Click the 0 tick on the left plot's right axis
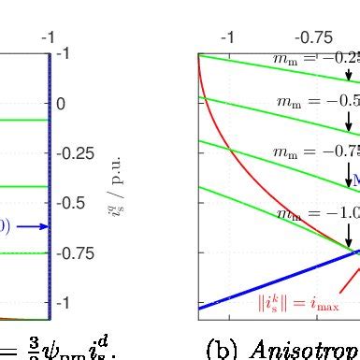click(x=61, y=104)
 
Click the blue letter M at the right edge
click(x=355, y=180)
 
